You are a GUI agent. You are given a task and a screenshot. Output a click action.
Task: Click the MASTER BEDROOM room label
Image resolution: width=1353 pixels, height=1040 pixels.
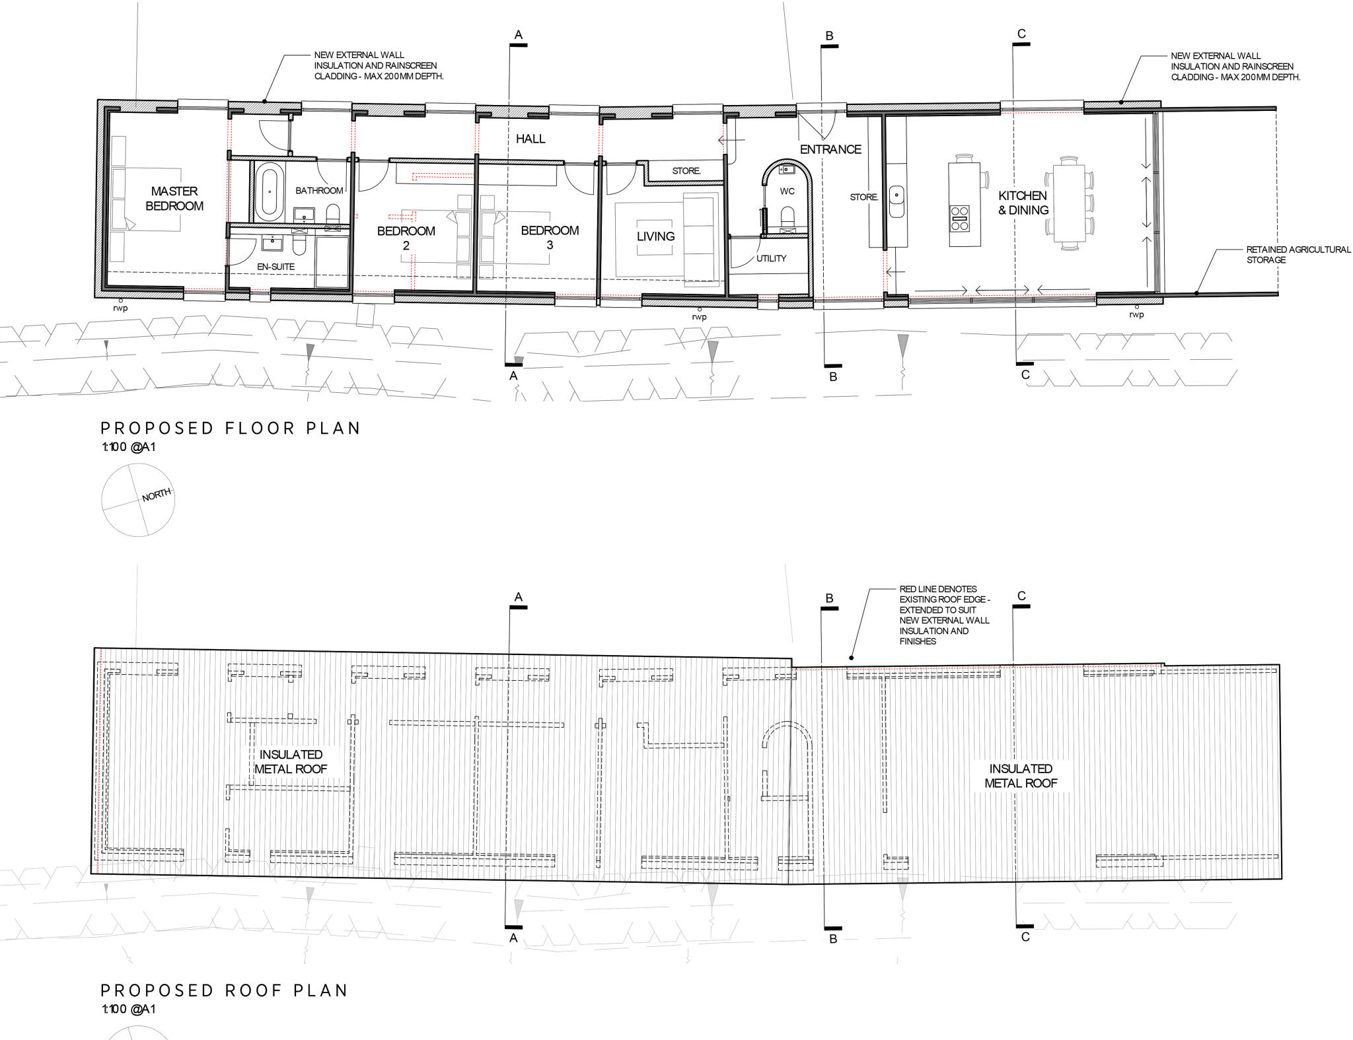click(174, 198)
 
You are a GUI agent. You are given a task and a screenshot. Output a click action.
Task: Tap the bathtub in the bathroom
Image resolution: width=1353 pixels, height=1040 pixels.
click(268, 193)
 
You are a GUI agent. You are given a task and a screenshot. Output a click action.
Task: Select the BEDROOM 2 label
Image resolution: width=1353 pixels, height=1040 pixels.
click(406, 238)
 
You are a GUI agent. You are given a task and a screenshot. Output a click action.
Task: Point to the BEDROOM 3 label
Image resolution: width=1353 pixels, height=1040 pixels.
click(550, 237)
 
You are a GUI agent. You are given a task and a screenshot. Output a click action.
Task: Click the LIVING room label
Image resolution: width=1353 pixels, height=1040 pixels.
click(655, 236)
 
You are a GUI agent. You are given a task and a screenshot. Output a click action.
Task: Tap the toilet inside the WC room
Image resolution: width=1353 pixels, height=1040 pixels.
click(787, 216)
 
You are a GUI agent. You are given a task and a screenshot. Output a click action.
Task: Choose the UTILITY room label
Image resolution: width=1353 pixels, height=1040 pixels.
click(771, 258)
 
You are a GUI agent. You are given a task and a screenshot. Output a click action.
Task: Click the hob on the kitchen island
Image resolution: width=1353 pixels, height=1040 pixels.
click(960, 219)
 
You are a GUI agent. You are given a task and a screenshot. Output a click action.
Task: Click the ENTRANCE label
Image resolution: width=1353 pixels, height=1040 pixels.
click(830, 149)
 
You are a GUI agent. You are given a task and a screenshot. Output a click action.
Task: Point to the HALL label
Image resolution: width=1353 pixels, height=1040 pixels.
click(530, 139)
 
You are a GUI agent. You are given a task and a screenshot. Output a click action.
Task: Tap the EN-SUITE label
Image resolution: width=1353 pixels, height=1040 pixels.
click(275, 267)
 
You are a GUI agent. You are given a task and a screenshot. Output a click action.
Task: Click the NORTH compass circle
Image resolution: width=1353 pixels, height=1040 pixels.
click(137, 499)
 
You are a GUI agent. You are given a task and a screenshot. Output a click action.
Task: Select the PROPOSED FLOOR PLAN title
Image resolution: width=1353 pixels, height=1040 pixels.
click(230, 428)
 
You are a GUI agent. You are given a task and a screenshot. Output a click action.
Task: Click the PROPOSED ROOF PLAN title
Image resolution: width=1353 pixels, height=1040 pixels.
click(224, 990)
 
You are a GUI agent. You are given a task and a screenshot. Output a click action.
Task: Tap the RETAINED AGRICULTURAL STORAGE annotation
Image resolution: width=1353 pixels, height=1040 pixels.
click(1298, 255)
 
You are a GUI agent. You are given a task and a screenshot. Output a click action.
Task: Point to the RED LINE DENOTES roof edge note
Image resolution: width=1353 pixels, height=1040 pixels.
click(943, 615)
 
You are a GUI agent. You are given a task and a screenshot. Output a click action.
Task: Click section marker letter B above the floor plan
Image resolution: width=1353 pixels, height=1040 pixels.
click(830, 36)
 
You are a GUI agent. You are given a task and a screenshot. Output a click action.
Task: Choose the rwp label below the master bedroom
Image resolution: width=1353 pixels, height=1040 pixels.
click(120, 308)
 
